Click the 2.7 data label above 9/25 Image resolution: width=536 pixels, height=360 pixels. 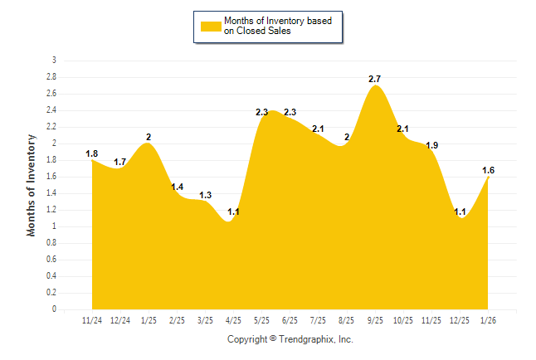pyautogui.click(x=375, y=79)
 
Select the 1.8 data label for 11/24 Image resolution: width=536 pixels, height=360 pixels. pyautogui.click(x=92, y=153)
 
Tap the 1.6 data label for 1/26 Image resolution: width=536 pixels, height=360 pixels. pyautogui.click(x=489, y=170)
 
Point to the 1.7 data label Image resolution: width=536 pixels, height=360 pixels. pyautogui.click(x=120, y=162)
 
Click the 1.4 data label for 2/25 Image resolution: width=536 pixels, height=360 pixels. pyautogui.click(x=178, y=187)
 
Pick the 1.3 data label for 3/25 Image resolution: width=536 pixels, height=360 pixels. pyautogui.click(x=206, y=195)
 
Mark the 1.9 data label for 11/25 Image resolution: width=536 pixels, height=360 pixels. pyautogui.click(x=431, y=145)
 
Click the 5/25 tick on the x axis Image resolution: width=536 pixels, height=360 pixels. pyautogui.click(x=262, y=320)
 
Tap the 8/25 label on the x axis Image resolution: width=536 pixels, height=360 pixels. pyautogui.click(x=347, y=320)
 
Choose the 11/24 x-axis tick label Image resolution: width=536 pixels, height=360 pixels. pyautogui.click(x=92, y=320)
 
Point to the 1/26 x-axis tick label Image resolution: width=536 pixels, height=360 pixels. pyautogui.click(x=489, y=320)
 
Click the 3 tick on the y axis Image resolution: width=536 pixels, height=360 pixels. pyautogui.click(x=54, y=61)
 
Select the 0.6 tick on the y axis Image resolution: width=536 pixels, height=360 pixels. pyautogui.click(x=52, y=260)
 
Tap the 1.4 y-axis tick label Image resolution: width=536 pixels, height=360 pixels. pyautogui.click(x=52, y=193)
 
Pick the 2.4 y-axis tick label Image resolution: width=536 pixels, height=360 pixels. pyautogui.click(x=52, y=110)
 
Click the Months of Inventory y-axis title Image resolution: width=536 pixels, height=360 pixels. pyautogui.click(x=32, y=185)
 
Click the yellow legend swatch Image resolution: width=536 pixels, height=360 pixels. pyautogui.click(x=210, y=27)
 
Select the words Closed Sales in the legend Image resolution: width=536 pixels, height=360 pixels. pyautogui.click(x=256, y=32)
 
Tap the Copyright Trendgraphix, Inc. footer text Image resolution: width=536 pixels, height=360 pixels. pyautogui.click(x=290, y=339)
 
